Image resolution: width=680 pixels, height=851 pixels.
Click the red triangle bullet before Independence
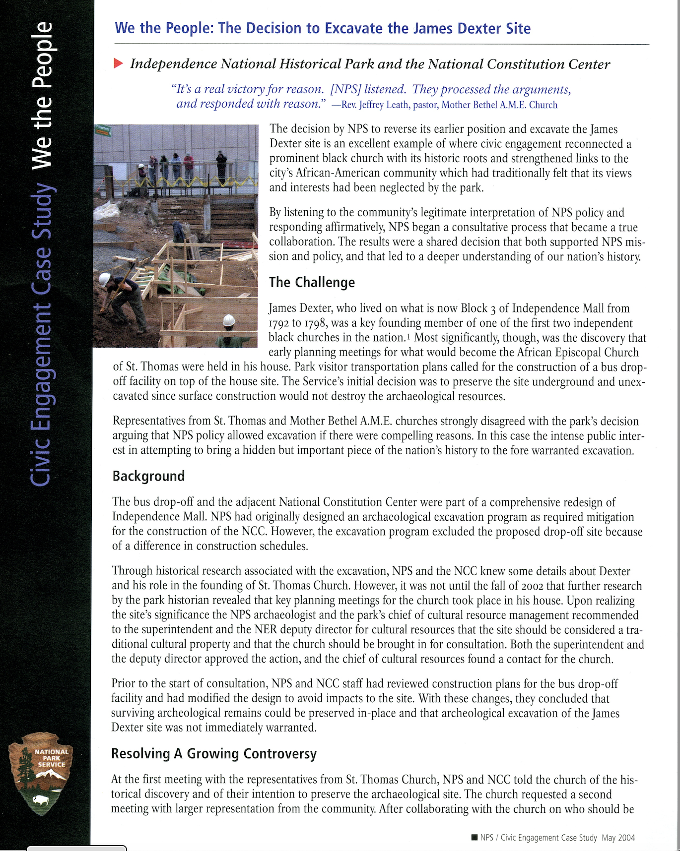pyautogui.click(x=118, y=63)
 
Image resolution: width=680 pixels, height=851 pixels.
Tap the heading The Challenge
pyautogui.click(x=312, y=282)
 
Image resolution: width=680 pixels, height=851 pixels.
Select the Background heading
pyautogui.click(x=148, y=476)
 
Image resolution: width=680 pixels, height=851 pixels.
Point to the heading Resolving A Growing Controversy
pyautogui.click(x=213, y=754)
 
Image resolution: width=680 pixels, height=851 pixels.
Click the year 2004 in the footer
pyautogui.click(x=626, y=838)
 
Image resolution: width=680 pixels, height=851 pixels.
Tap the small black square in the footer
pyautogui.click(x=474, y=838)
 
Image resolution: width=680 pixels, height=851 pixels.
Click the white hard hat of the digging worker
pyautogui.click(x=104, y=279)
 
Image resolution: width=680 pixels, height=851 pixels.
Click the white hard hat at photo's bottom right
pyautogui.click(x=228, y=320)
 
